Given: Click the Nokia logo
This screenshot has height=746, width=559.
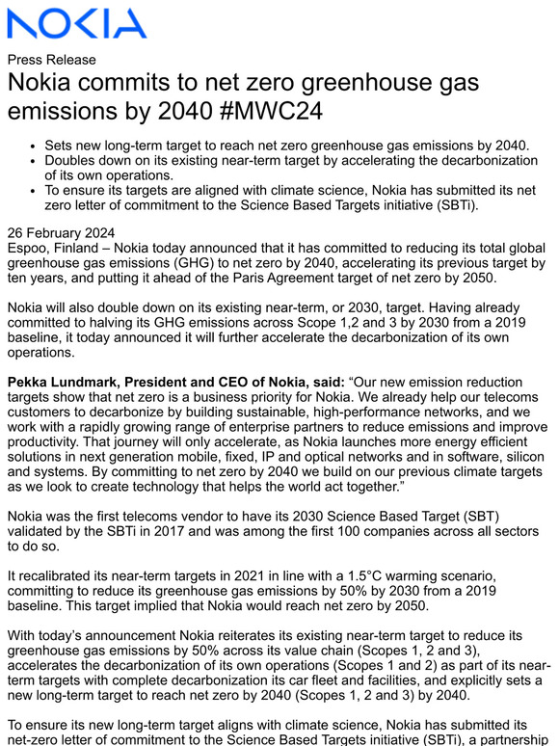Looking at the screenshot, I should pos(77,23).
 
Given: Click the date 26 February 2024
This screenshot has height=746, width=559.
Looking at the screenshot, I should pos(61,233).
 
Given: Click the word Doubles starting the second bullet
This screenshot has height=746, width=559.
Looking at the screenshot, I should pos(73,161).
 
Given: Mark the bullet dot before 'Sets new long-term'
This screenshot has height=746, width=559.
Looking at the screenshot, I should pos(33,146).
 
